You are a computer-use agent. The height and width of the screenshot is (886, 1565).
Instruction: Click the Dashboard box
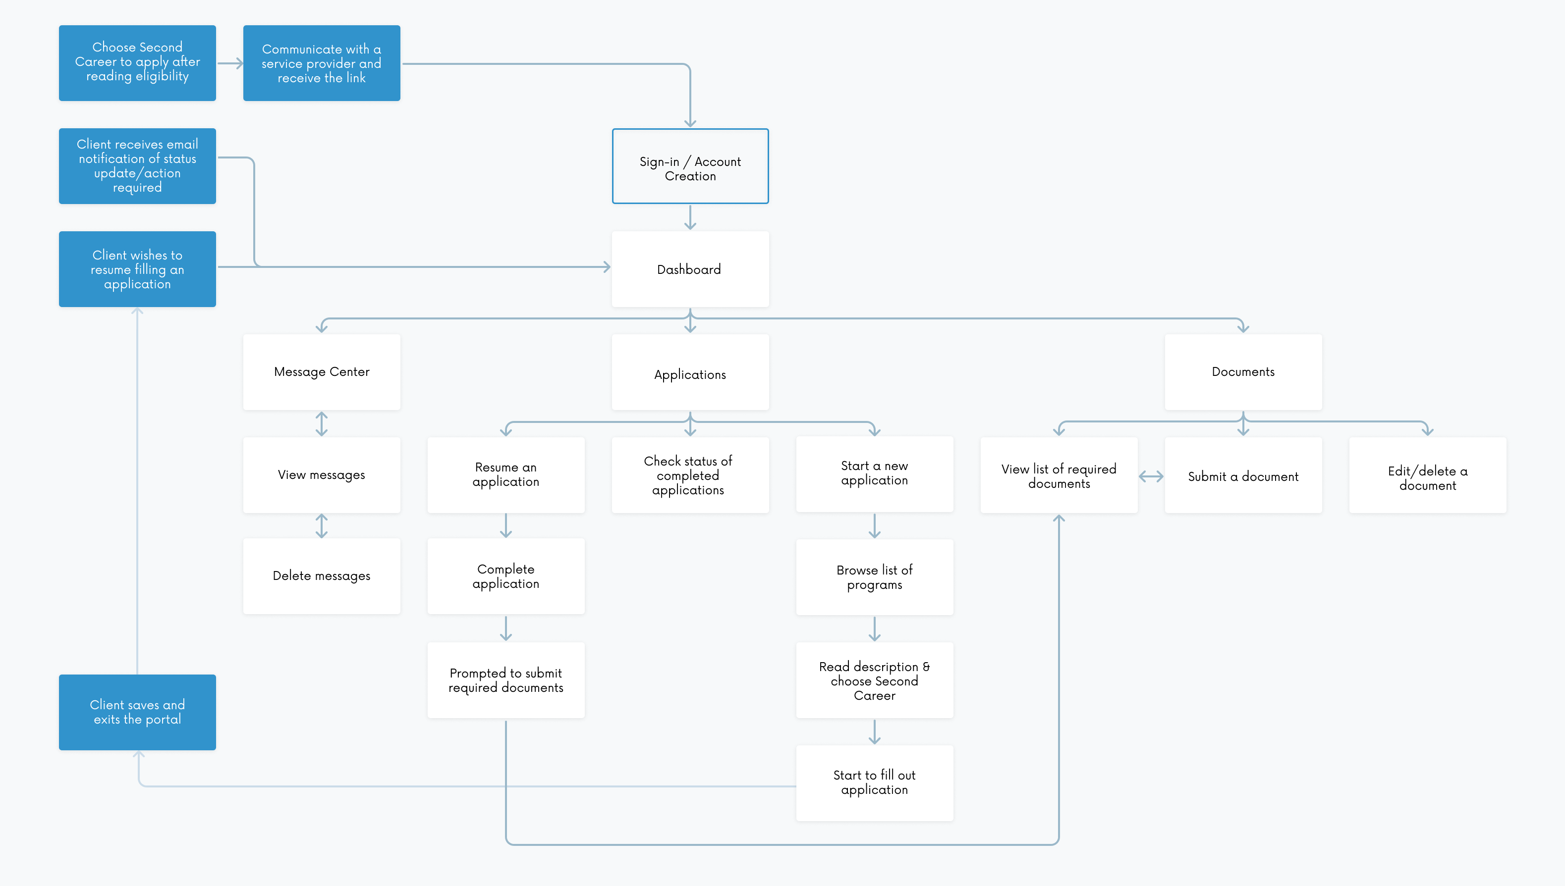[x=690, y=269]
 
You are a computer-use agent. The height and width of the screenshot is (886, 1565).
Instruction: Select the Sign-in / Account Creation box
[x=690, y=166]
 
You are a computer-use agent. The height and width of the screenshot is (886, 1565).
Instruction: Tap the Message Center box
[x=322, y=372]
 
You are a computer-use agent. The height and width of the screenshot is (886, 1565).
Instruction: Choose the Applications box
[x=690, y=372]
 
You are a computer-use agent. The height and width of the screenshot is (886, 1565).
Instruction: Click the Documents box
[x=1243, y=372]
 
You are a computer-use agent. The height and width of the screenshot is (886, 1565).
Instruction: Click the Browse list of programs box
[x=874, y=577]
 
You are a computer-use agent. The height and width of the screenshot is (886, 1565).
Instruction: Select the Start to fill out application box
[x=874, y=783]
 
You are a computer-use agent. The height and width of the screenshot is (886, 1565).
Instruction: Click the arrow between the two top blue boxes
[x=230, y=63]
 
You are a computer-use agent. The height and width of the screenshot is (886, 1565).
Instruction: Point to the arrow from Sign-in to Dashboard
[x=690, y=217]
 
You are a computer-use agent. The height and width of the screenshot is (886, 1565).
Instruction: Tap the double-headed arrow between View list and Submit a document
[x=1151, y=476]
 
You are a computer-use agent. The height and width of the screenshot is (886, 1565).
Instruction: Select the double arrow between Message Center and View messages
[x=322, y=424]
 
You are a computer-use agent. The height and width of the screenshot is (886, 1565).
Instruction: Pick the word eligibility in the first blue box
[x=162, y=77]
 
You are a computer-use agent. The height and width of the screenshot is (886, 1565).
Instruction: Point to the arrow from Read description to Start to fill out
[x=874, y=732]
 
